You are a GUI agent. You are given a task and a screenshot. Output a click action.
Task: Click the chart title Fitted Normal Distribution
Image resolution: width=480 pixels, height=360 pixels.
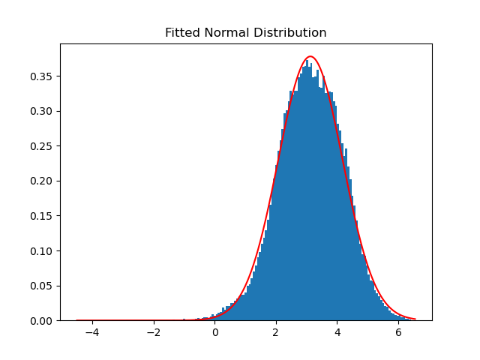coord(245,33)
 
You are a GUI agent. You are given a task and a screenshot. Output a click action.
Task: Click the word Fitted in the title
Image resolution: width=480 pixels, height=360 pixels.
coord(181,33)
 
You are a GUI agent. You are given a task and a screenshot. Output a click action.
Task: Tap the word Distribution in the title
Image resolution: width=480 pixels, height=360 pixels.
coord(292,33)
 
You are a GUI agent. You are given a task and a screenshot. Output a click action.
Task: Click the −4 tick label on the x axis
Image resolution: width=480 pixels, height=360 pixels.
coord(92,331)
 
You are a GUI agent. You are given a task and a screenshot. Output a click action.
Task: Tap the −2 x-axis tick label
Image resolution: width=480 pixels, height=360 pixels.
coord(154,331)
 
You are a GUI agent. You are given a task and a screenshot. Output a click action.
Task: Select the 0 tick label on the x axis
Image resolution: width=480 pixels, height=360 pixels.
coord(215,331)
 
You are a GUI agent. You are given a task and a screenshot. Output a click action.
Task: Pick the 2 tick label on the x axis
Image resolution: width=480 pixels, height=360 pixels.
coord(276,331)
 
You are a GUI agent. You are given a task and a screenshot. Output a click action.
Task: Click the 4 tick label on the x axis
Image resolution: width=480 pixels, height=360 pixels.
coord(337,331)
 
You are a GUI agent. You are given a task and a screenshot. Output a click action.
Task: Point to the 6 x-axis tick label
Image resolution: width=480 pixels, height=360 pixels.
coord(398,331)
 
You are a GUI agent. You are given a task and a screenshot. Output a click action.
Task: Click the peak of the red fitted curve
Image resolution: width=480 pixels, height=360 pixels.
coord(310,57)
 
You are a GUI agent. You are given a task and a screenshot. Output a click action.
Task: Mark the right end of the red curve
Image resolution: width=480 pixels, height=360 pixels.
coord(415,319)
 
